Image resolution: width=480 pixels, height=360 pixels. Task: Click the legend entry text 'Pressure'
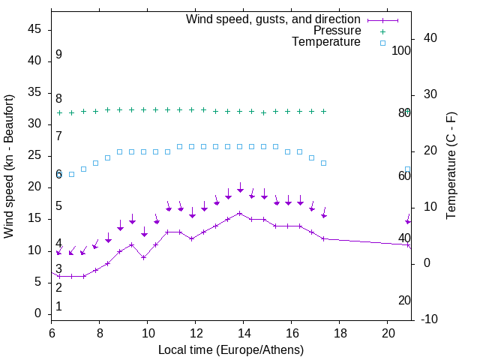pyautogui.click(x=337, y=31)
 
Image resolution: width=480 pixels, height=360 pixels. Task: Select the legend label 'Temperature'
pyautogui.click(x=326, y=42)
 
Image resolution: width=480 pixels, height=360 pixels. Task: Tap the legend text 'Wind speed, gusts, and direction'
pyautogui.click(x=274, y=19)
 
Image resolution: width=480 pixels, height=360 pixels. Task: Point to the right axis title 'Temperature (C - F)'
pyautogui.click(x=451, y=166)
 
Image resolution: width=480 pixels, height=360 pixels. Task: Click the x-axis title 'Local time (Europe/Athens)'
pyautogui.click(x=231, y=350)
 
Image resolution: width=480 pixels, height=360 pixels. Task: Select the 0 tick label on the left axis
pyautogui.click(x=38, y=313)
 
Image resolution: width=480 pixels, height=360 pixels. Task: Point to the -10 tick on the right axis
pyautogui.click(x=431, y=319)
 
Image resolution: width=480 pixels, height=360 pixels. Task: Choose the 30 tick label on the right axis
pyautogui.click(x=428, y=94)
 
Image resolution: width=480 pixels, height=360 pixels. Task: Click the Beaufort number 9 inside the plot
pyautogui.click(x=58, y=55)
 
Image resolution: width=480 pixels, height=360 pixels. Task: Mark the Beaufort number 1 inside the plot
pyautogui.click(x=58, y=307)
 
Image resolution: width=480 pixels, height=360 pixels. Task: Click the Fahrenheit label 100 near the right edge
pyautogui.click(x=401, y=50)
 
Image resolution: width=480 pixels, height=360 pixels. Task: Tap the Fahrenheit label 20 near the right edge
pyautogui.click(x=404, y=300)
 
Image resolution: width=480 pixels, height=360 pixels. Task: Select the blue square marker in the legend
pyautogui.click(x=382, y=43)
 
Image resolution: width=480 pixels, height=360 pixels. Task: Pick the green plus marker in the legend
pyautogui.click(x=382, y=31)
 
